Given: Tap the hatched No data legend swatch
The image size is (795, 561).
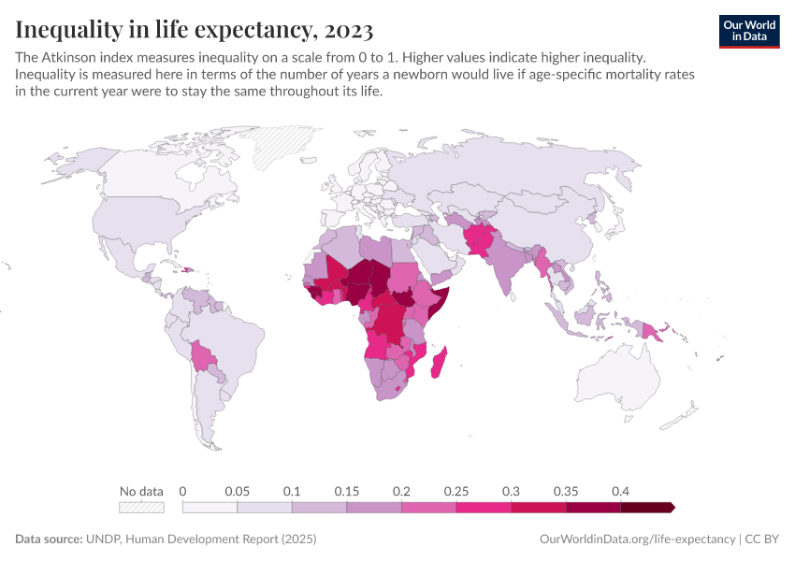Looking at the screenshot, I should click(x=141, y=507).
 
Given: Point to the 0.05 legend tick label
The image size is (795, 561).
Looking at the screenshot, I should click(x=237, y=491).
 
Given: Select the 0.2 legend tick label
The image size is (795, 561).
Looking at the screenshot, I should click(x=402, y=491).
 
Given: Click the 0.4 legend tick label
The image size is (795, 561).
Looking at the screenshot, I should click(x=620, y=491).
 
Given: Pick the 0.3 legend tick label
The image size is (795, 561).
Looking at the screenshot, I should click(x=511, y=491).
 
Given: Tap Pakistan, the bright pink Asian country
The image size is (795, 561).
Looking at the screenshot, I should click(x=480, y=241).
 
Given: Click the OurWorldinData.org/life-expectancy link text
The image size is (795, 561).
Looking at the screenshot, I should click(x=638, y=539).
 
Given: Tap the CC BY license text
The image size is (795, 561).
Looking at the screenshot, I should click(x=762, y=539).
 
